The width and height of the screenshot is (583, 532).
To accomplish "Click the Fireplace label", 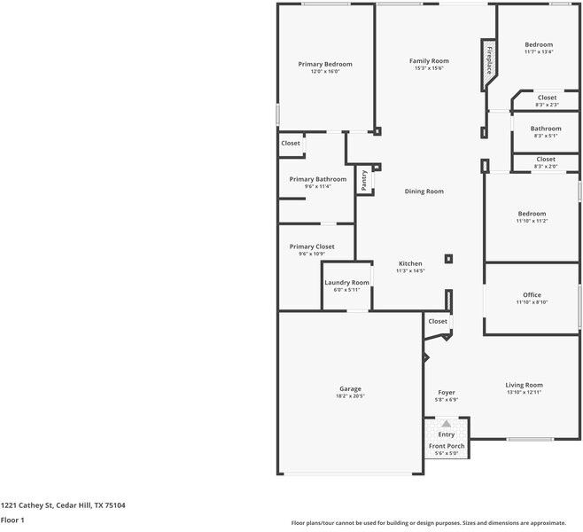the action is (490, 60).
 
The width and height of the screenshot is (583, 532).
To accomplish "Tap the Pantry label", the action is (364, 180).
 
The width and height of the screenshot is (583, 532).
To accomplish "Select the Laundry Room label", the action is (347, 282).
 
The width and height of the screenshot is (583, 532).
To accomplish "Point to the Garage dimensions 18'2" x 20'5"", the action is (350, 396).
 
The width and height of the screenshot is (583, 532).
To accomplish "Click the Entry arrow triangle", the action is (447, 424).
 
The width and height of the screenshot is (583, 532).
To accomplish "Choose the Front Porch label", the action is (447, 446).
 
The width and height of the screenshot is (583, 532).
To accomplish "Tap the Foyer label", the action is (447, 393).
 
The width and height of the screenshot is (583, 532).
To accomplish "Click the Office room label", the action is (532, 294).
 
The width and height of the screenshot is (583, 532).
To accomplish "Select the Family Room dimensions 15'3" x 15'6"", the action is (429, 68).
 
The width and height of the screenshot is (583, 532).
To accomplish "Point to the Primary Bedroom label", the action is (325, 64).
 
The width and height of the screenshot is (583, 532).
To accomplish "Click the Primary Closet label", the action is (312, 246).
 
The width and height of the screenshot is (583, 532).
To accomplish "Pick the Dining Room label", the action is (424, 192).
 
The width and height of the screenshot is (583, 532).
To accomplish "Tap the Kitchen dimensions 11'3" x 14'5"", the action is (410, 270).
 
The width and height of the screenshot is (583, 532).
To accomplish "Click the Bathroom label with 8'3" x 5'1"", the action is (546, 129).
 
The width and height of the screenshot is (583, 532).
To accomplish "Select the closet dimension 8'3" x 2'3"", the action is (547, 105).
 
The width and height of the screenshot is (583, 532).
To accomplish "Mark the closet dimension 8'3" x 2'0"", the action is (546, 167).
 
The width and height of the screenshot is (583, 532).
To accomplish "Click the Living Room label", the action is (524, 385).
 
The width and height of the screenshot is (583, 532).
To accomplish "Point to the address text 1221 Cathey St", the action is (27, 505).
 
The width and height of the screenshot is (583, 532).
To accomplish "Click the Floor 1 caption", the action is (12, 520).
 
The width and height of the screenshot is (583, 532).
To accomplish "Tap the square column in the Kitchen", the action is (449, 259).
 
